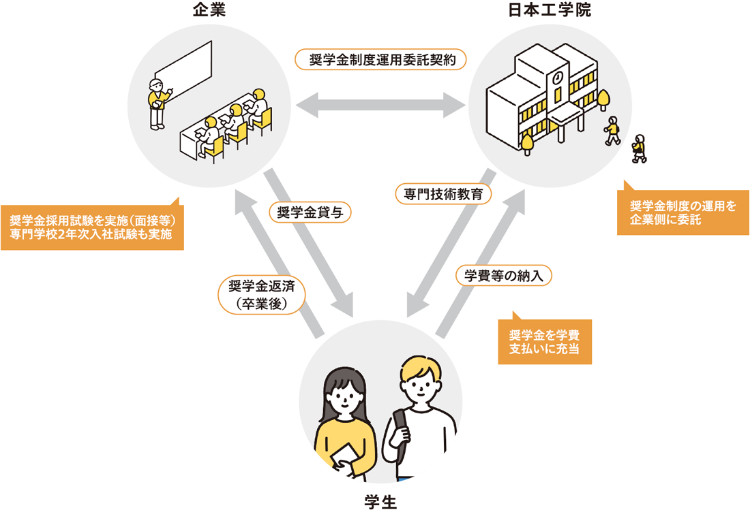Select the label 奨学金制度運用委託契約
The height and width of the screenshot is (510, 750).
point(381,59)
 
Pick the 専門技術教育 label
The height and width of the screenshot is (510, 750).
point(443,194)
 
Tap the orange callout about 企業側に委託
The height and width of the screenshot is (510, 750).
point(682,212)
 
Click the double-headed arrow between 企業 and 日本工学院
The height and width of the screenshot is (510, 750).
point(380,106)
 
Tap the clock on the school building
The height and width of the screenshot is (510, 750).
point(558,77)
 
